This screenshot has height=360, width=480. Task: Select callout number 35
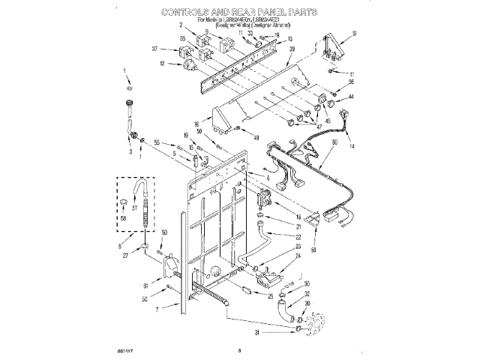pos(162,38)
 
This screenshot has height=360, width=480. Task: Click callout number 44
pos(350,97)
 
